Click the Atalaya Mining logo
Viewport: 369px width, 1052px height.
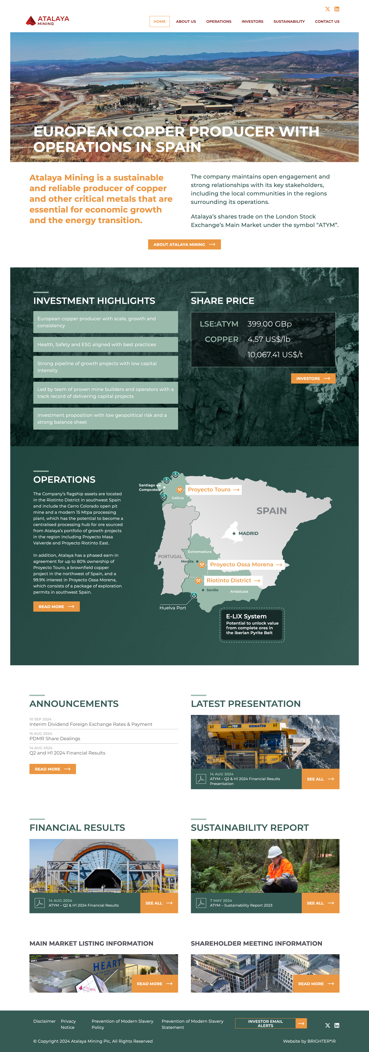[x=47, y=20]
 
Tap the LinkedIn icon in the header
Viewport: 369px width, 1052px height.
[x=337, y=9]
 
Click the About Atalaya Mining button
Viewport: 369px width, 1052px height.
[x=184, y=244]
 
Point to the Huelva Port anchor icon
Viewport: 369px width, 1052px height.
[x=194, y=595]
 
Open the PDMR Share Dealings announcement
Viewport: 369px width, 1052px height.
[x=55, y=738]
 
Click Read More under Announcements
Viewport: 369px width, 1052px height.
[x=52, y=769]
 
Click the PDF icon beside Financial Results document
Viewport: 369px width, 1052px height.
[x=40, y=903]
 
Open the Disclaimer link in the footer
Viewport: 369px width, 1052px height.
[x=44, y=1021]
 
